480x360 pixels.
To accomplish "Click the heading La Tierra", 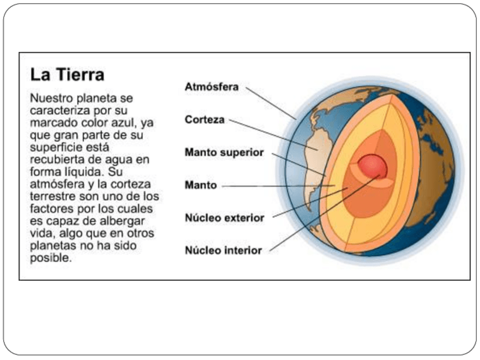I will (x=67, y=75).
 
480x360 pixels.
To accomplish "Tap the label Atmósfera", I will (x=212, y=87).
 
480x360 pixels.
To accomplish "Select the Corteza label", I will (x=204, y=120).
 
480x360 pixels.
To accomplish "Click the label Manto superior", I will (x=224, y=153).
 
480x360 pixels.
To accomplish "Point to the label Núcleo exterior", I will (x=224, y=218).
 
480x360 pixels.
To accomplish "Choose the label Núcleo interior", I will (x=223, y=250).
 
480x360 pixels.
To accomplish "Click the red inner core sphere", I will (x=372, y=166).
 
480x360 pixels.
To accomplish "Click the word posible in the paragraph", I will (x=50, y=259).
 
